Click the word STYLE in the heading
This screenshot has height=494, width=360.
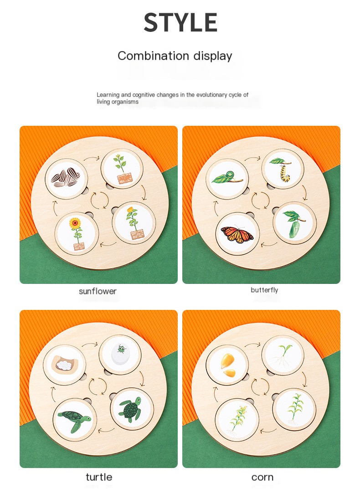[x=180, y=23]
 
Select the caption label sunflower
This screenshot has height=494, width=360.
[x=98, y=291]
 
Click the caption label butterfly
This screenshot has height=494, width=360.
[x=264, y=290]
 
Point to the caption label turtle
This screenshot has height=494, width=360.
[x=99, y=477]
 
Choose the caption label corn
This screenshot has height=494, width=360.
[x=262, y=477]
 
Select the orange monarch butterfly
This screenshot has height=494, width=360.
[x=237, y=234]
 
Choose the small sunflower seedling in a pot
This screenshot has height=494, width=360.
[x=122, y=169]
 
